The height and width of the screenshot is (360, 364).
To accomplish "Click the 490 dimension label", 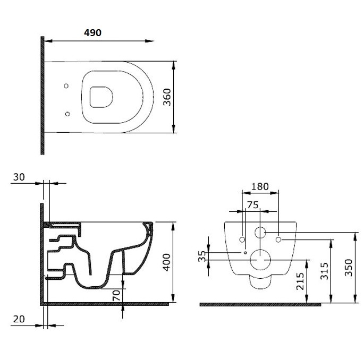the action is click(92, 33).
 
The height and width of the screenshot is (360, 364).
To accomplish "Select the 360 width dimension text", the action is click(167, 97).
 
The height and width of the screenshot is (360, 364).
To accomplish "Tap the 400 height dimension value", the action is click(166, 262).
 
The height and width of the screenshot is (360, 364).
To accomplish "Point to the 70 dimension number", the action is click(116, 295).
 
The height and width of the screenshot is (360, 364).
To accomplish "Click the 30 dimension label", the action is click(19, 177).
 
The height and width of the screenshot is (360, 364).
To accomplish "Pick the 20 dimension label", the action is click(19, 319).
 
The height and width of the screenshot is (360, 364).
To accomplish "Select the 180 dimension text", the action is click(260, 186).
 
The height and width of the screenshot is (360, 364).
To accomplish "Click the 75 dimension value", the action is click(253, 205).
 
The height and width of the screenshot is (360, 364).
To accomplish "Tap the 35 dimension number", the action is click(202, 256).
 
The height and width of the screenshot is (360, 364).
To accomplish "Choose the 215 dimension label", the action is click(300, 281).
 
